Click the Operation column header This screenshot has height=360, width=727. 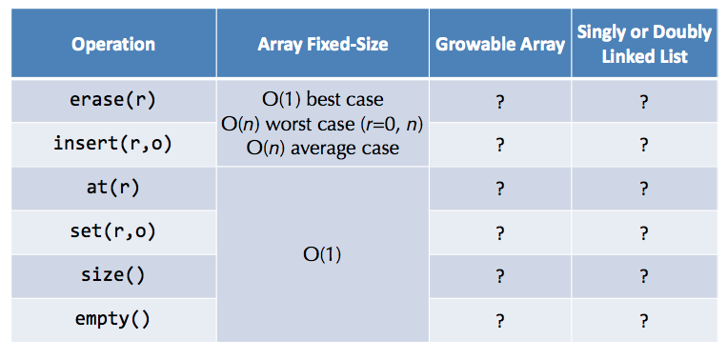click(112, 45)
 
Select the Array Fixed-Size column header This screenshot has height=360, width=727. click(321, 45)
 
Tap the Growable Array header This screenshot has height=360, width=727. click(499, 45)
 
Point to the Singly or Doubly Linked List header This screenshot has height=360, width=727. click(644, 44)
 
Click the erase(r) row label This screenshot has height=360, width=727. click(112, 100)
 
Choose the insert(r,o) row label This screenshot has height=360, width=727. click(112, 145)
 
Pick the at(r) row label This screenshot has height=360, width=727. click(112, 188)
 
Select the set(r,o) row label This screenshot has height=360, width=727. click(112, 231)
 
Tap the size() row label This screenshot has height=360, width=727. click(112, 275)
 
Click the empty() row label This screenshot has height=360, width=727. click(112, 319)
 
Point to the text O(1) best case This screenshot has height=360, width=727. click(322, 99)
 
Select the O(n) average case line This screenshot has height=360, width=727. click(322, 148)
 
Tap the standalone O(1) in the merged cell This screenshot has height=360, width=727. click(322, 255)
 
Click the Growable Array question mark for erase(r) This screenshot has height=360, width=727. click(499, 101)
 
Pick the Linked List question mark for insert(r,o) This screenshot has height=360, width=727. click(644, 145)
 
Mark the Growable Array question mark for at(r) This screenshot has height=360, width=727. click(499, 189)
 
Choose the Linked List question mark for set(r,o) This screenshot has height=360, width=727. click(644, 232)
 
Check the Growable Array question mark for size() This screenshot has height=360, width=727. click(499, 276)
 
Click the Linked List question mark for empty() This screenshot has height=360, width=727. click(644, 320)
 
